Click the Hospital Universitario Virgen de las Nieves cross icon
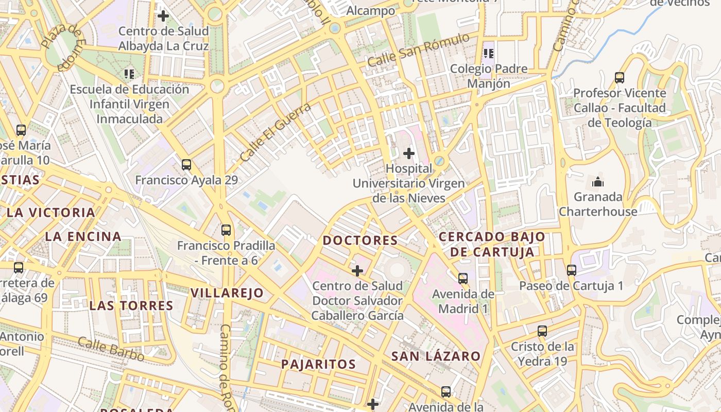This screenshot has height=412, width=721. (409, 153)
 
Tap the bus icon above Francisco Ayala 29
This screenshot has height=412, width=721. (186, 165)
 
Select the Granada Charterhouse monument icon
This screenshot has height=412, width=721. (598, 182)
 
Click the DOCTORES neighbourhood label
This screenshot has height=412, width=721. (360, 241)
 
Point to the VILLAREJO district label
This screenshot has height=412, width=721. (227, 293)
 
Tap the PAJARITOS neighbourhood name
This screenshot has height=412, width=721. (318, 364)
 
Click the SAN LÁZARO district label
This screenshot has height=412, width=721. (436, 356)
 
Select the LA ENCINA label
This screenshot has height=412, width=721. (83, 237)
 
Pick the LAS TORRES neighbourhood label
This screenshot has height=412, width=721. (131, 305)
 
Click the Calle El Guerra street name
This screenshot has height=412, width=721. (276, 132)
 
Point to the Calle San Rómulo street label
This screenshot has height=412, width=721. (418, 50)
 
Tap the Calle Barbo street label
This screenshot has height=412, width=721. (111, 349)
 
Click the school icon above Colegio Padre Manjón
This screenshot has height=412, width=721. (489, 54)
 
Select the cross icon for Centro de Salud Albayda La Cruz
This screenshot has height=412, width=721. (163, 16)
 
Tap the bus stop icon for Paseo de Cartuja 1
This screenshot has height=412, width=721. (571, 270)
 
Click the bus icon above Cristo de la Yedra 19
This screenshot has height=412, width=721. (542, 331)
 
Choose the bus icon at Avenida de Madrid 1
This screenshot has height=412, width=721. (463, 279)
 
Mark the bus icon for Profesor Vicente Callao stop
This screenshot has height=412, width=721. (620, 78)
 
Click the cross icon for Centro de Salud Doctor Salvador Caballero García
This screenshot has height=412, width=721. (357, 270)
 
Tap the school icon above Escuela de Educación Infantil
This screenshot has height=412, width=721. (129, 74)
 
